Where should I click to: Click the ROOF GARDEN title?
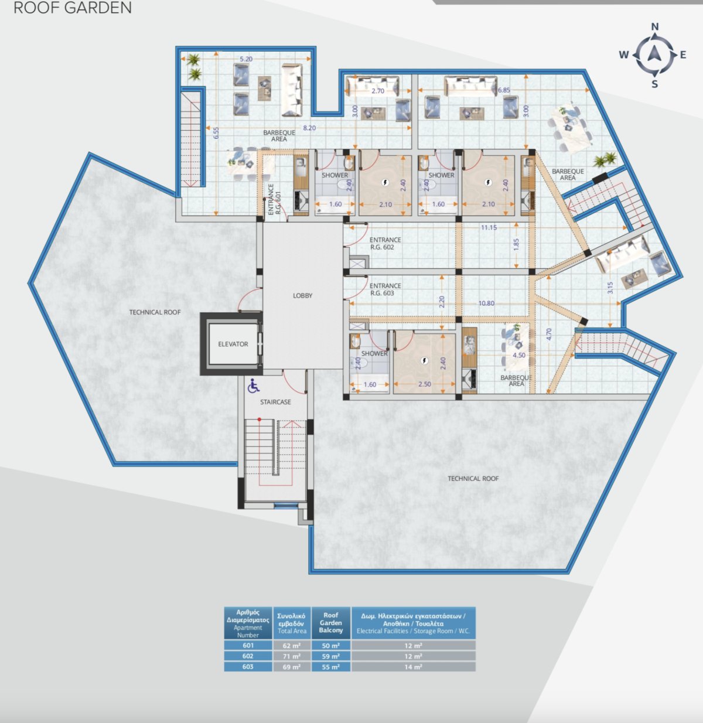pos(73,8)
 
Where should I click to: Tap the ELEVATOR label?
pos(233,344)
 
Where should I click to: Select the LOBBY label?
pos(302,296)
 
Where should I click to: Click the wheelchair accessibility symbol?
pos(254,386)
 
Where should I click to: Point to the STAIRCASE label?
pos(275,402)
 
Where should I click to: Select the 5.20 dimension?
pos(246,59)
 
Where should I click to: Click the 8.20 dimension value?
pos(309,128)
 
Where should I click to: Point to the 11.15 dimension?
pos(489,227)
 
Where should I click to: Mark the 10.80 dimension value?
pos(486,303)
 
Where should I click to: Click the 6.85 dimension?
pos(504,90)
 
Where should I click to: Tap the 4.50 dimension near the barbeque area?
pos(518,355)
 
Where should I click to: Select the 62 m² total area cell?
pos(292,645)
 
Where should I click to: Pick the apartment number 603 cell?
pos(248,667)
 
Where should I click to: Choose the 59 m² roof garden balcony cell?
pos(330,656)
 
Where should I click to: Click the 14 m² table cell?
pos(413,667)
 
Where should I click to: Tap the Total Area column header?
pos(292,623)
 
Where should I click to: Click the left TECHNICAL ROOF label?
pos(155,312)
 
